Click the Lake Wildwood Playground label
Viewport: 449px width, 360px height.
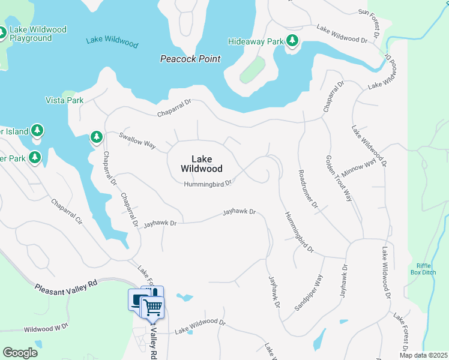click(37, 34)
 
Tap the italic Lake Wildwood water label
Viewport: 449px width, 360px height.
click(112, 43)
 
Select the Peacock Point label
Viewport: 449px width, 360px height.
click(190, 59)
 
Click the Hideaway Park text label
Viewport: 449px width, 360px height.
click(255, 42)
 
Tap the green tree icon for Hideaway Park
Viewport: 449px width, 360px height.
click(292, 41)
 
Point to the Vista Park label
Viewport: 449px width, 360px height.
click(65, 100)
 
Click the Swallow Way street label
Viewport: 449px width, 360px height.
click(137, 141)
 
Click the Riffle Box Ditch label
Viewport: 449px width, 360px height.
click(426, 269)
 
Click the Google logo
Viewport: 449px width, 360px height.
click(20, 353)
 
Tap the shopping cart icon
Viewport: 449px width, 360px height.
click(153, 307)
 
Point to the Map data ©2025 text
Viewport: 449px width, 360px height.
click(423, 355)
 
